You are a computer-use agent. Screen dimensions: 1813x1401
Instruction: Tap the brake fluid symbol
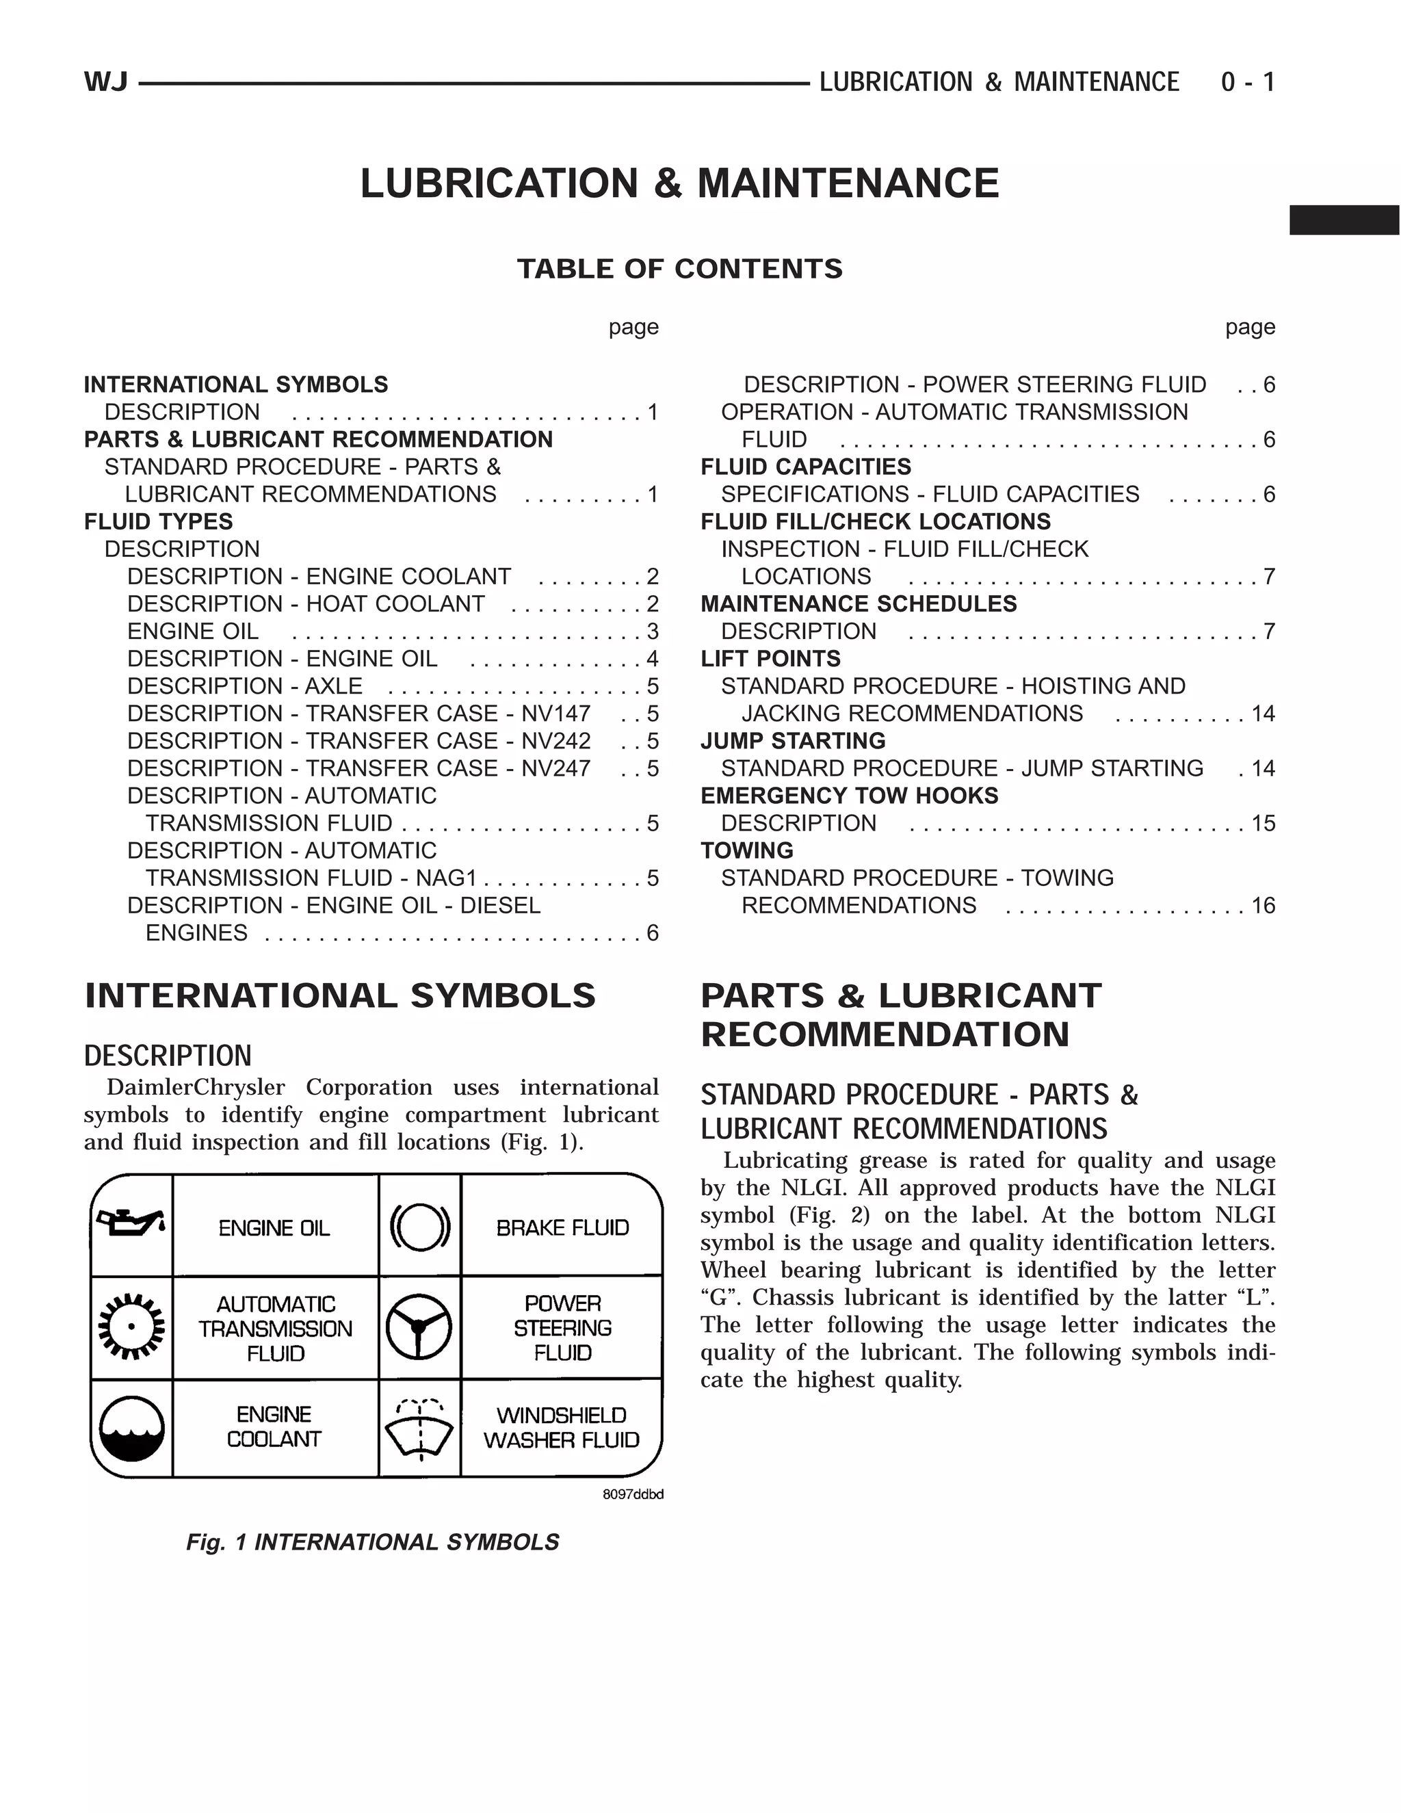point(419,1226)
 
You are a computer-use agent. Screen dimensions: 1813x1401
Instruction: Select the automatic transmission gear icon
point(131,1327)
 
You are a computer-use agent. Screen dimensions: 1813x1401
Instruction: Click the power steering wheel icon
point(419,1327)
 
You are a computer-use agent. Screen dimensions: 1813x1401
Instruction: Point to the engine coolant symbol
point(131,1429)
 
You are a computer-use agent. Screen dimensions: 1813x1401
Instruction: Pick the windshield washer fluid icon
point(419,1429)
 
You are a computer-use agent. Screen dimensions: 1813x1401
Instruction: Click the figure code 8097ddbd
point(633,1495)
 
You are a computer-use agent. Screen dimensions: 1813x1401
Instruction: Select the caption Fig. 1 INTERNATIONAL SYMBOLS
point(372,1542)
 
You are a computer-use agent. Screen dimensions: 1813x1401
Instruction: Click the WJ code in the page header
point(105,82)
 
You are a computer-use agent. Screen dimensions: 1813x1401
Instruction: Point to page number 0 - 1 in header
point(1248,82)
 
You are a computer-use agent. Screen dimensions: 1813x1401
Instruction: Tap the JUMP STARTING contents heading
point(793,740)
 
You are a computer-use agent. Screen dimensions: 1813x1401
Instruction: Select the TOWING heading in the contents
point(747,850)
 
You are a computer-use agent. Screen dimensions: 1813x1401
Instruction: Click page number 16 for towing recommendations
point(1263,905)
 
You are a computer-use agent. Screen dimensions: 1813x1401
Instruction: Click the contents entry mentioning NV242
point(358,740)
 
